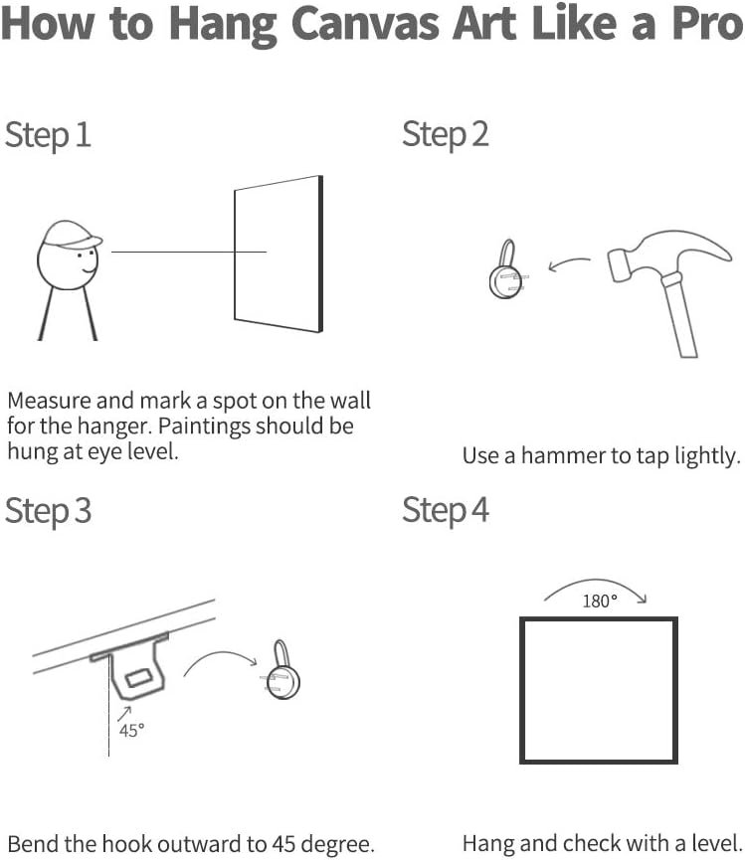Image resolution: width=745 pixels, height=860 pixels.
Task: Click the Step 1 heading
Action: [48, 135]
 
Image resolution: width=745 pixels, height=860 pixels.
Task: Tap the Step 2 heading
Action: [445, 135]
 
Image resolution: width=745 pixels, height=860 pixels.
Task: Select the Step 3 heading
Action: [48, 511]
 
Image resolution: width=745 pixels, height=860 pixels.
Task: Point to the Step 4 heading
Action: [445, 511]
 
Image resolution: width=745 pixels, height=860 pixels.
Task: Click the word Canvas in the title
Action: [365, 25]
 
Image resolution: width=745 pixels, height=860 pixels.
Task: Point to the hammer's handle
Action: [679, 315]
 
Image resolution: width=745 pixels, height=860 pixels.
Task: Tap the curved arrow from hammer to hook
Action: [569, 263]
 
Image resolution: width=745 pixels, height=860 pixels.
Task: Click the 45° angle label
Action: [131, 731]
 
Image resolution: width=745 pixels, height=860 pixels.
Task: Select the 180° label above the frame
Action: [600, 602]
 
